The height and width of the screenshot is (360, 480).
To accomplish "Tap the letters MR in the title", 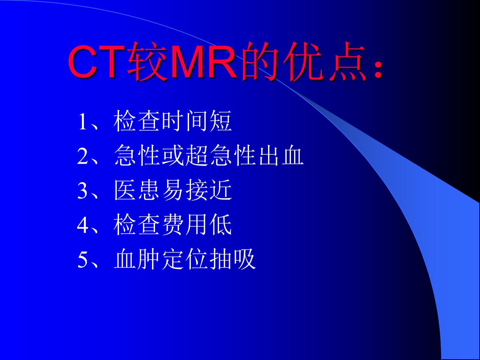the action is [x=204, y=62].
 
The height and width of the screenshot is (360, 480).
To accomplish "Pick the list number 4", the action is [x=83, y=225].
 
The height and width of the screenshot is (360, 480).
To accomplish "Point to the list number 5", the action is [x=83, y=259].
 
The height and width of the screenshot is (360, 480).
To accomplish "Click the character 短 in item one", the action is [x=221, y=121].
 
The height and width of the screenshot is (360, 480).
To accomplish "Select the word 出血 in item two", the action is [x=281, y=155].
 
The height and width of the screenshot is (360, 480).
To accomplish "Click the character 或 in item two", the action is [x=173, y=155].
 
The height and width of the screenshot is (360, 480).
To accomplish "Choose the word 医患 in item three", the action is [x=137, y=190].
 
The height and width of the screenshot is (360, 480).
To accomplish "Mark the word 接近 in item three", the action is [x=209, y=190].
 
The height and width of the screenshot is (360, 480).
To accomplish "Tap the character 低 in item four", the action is [x=221, y=224].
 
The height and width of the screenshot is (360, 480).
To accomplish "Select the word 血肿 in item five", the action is [x=137, y=259].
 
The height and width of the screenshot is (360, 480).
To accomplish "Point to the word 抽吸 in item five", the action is [x=233, y=259].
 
